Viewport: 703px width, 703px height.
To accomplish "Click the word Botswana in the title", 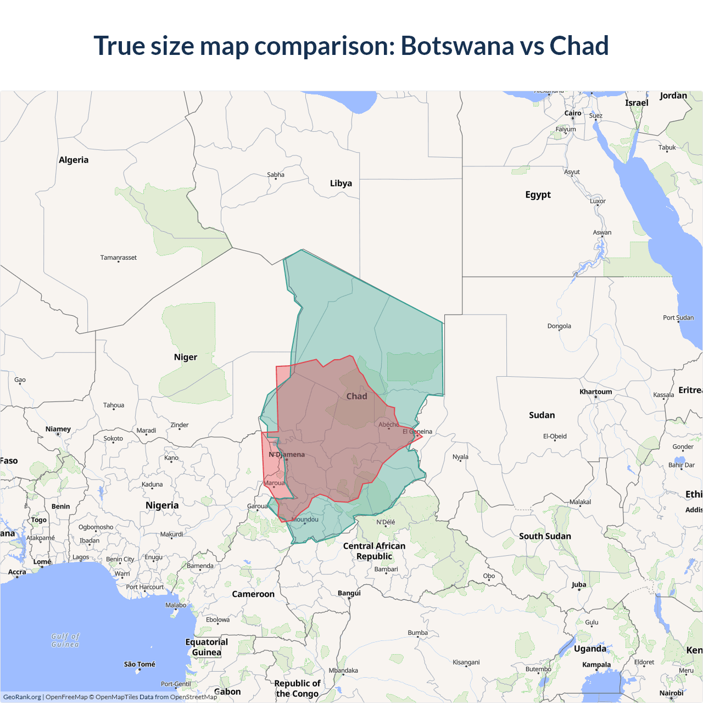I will click(x=457, y=46).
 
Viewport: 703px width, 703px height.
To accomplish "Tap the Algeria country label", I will click(x=74, y=160).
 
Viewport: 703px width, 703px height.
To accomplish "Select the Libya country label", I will click(x=341, y=183).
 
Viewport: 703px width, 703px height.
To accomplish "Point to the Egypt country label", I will click(x=538, y=194).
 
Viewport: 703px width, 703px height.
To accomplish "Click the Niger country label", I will click(x=186, y=357).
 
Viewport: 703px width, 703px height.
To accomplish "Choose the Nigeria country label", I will click(x=162, y=505).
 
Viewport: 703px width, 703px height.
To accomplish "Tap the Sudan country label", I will click(x=542, y=415).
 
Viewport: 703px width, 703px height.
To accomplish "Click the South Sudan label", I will click(x=545, y=536).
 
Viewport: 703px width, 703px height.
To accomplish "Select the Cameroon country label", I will click(x=253, y=594).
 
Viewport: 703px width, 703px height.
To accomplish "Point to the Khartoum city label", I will click(x=595, y=392).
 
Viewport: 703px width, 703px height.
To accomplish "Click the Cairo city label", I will click(x=573, y=113).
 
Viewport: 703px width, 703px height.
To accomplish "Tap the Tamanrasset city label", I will click(x=119, y=258).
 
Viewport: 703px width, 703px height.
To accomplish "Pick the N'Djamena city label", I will click(x=287, y=455).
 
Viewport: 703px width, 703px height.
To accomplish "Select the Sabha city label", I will click(x=276, y=175).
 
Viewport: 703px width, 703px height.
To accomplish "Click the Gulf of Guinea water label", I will click(x=65, y=640).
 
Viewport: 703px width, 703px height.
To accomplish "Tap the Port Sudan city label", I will click(x=678, y=317).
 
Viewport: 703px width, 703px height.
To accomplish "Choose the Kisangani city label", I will click(x=466, y=662).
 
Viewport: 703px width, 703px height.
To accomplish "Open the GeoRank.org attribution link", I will click(x=22, y=697).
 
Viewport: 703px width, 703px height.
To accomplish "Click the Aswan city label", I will click(x=602, y=232).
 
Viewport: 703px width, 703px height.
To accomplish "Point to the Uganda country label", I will click(x=590, y=649).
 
